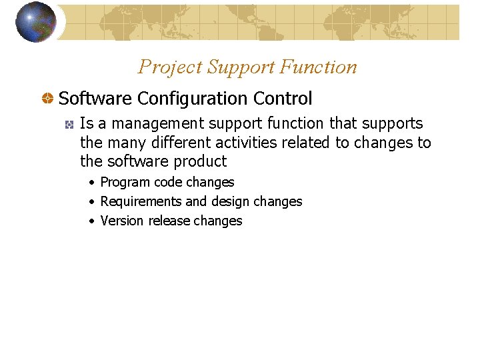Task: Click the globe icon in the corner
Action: pos(35,22)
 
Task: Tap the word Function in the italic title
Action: pos(319,67)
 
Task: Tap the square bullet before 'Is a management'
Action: pos(69,125)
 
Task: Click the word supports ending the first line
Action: pos(393,124)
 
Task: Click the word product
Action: pos(201,161)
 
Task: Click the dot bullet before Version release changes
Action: pos(92,221)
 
